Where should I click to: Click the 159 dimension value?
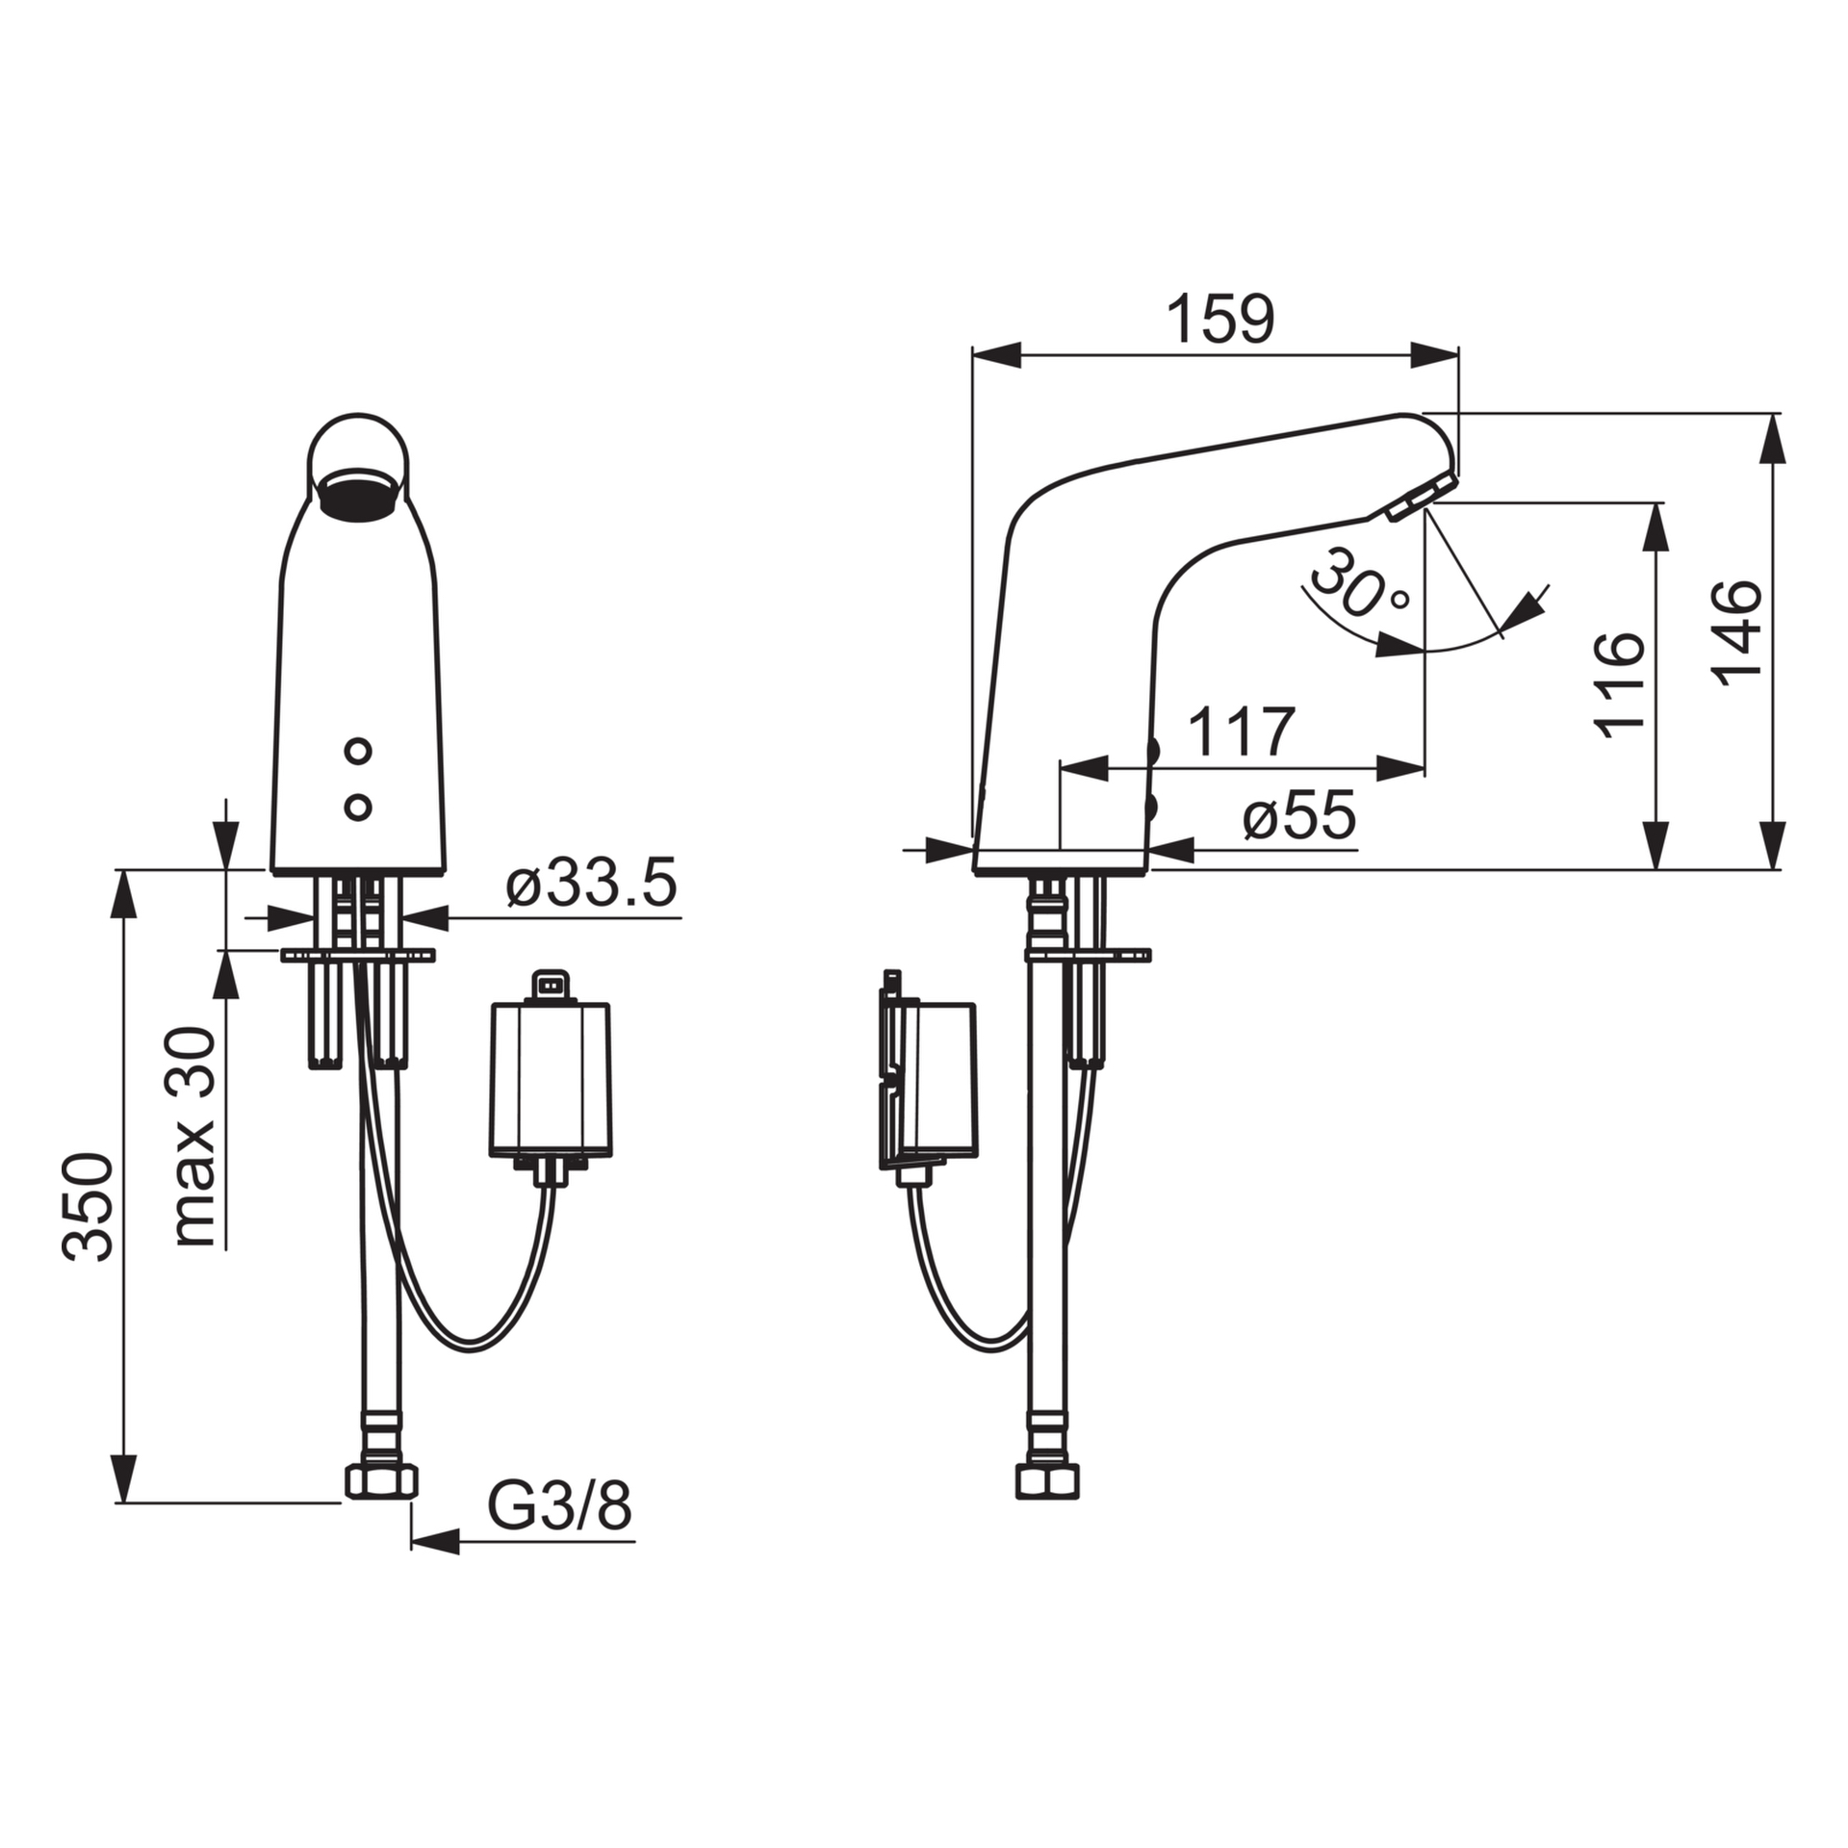[1219, 320]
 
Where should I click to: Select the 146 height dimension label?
[1738, 633]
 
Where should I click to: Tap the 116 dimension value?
[1620, 684]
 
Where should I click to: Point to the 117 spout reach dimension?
[1242, 732]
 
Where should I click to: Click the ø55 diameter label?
[1298, 817]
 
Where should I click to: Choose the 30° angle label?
[1359, 585]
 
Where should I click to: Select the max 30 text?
[195, 1137]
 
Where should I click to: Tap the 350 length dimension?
[89, 1206]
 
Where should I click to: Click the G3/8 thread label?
[559, 1506]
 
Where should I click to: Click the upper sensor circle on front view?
[358, 751]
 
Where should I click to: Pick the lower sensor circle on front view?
[358, 808]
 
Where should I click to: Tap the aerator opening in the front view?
[357, 494]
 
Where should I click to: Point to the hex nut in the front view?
[381, 1480]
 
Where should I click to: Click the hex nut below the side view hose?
[1047, 1480]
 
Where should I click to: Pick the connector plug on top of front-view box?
[550, 985]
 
